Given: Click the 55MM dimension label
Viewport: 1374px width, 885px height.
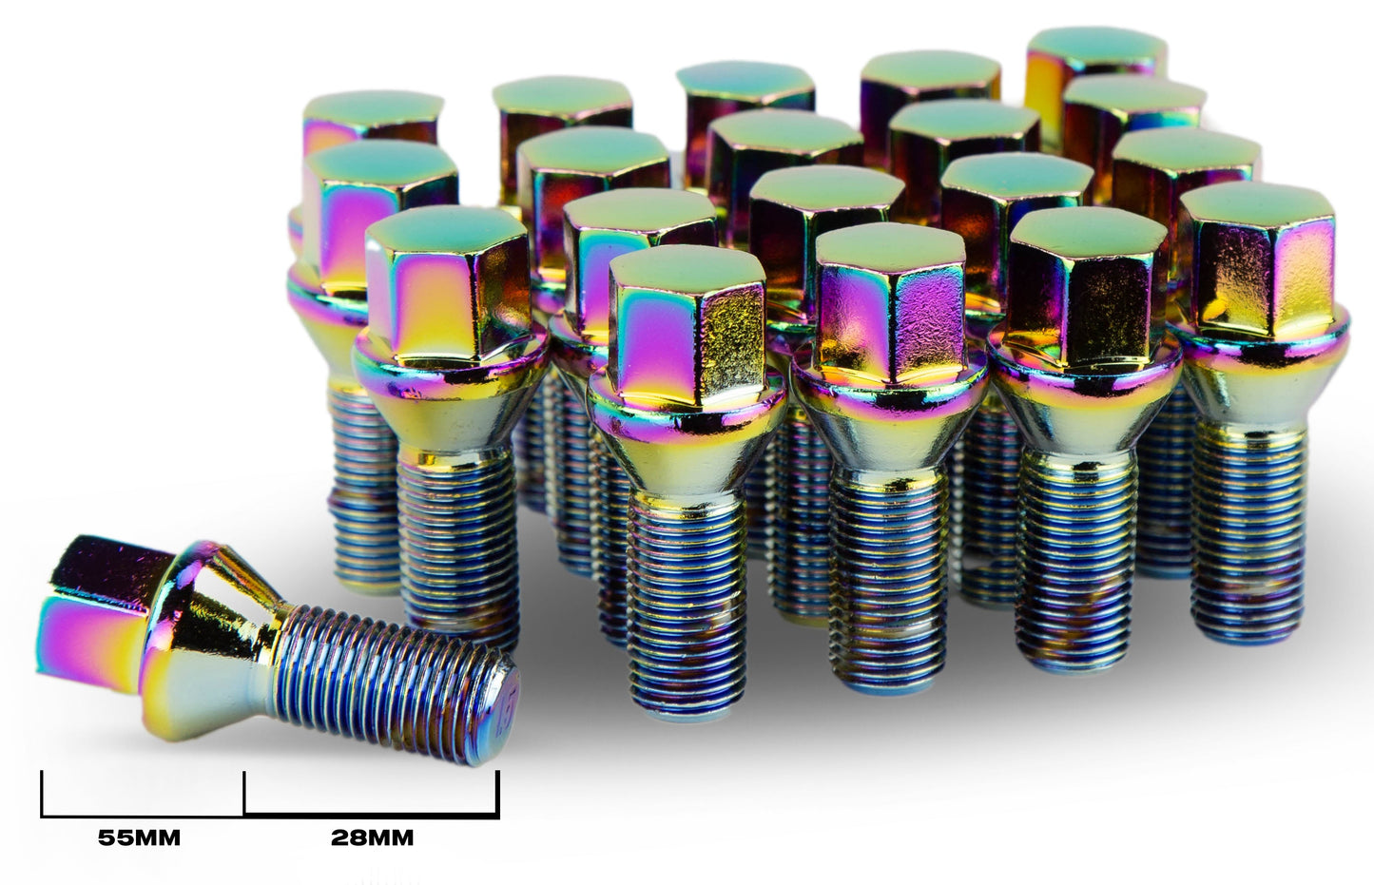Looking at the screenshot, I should pos(139,839).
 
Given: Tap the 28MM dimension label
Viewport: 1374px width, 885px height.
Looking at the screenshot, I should pos(373,839).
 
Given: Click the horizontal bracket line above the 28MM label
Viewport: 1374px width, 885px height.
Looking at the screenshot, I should pos(371,816).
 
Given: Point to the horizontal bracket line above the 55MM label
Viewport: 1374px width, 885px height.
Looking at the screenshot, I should pos(143,816).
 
